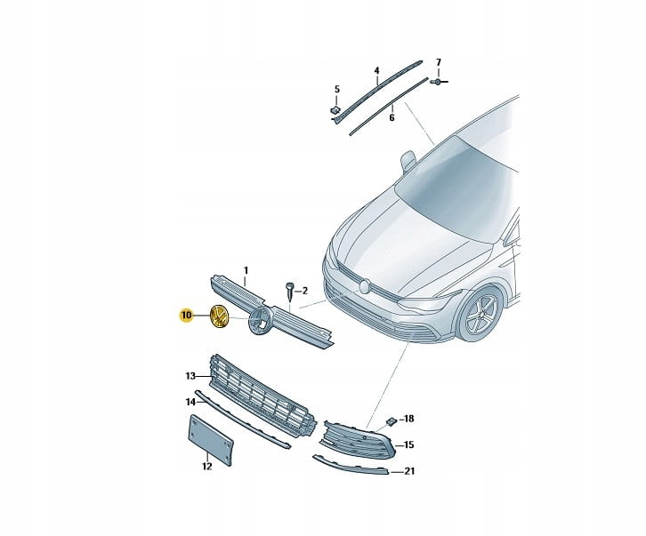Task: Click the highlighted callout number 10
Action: (186, 316)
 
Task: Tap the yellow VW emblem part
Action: (219, 316)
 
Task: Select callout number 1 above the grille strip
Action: (246, 270)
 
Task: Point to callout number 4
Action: (376, 71)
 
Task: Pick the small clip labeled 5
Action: (335, 110)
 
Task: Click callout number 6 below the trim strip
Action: (392, 117)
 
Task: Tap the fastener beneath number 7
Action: (439, 82)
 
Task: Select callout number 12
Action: (206, 467)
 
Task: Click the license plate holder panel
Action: (211, 440)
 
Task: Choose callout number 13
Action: (190, 376)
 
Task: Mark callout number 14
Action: (190, 402)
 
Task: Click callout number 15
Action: (408, 445)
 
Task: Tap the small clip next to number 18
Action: (392, 421)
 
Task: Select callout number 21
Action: (409, 471)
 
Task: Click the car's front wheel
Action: (481, 314)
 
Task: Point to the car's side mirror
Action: (408, 160)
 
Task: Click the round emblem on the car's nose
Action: (365, 286)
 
